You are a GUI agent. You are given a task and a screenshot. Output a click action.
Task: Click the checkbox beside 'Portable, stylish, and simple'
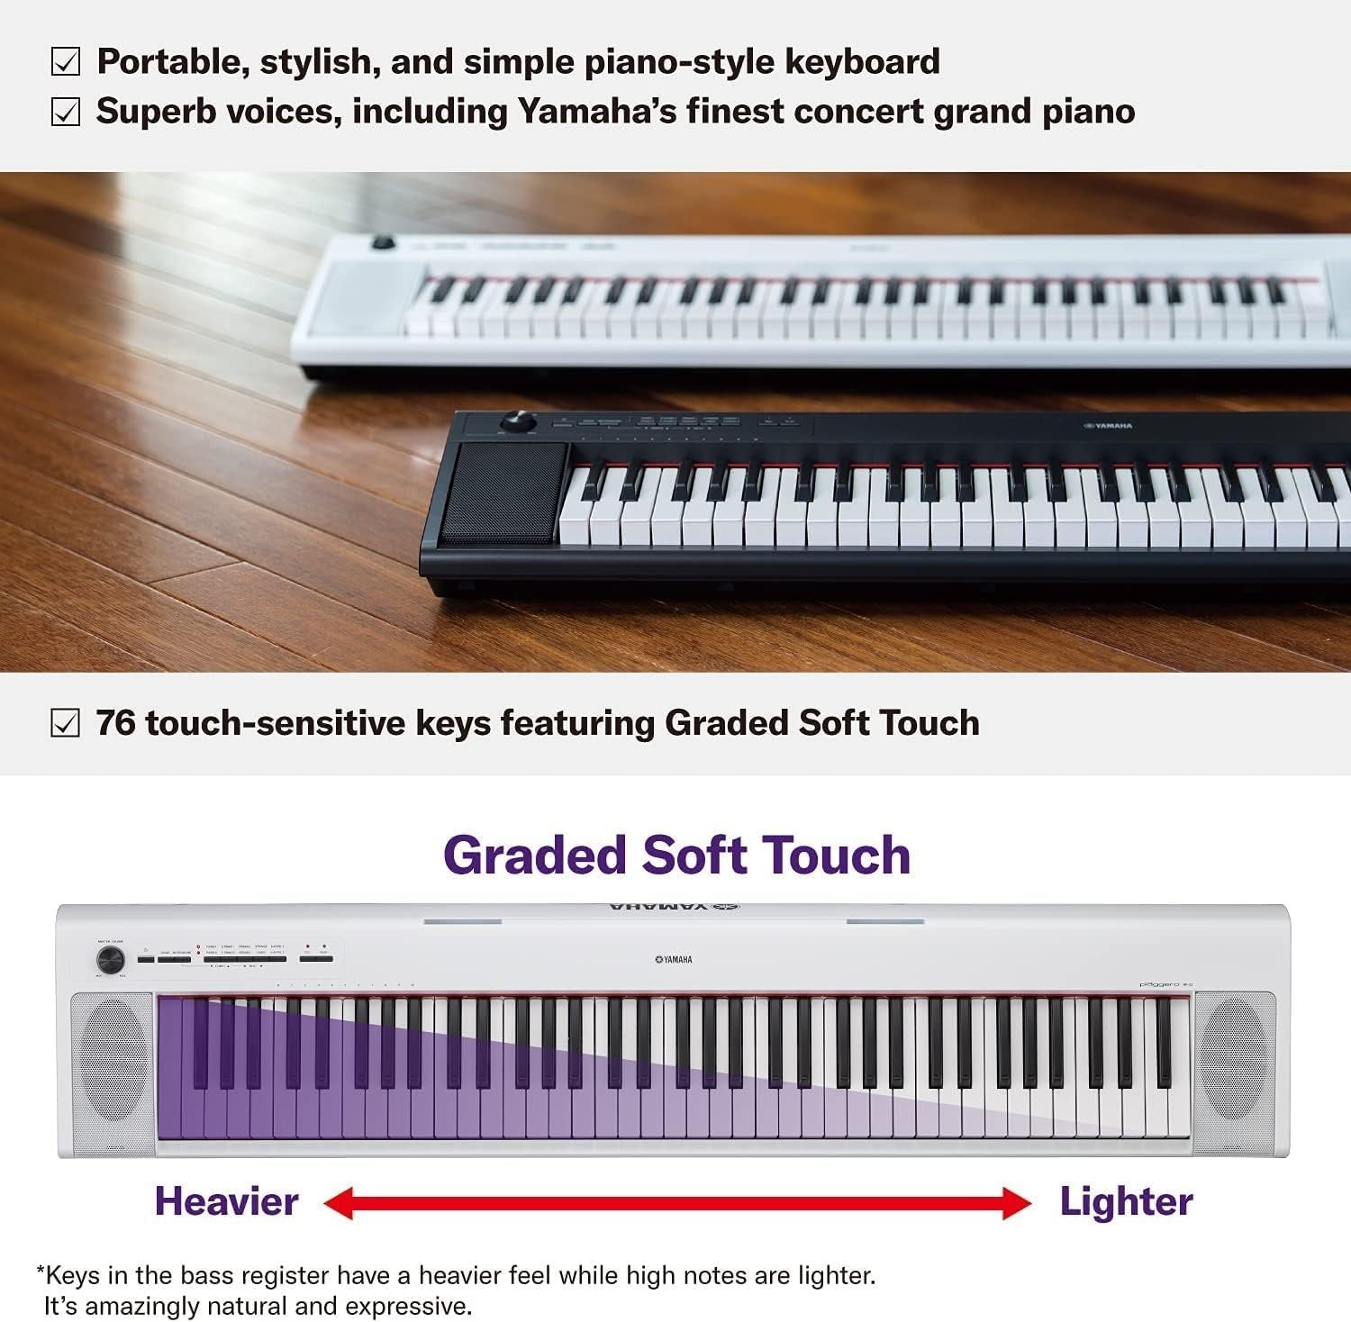tap(65, 62)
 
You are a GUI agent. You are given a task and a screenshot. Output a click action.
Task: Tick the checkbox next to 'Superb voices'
tap(65, 113)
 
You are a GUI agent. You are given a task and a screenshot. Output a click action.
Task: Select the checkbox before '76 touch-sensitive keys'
tap(65, 723)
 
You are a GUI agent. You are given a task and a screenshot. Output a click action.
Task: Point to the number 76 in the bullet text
tap(115, 723)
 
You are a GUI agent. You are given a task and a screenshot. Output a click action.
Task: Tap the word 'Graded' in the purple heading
tap(534, 856)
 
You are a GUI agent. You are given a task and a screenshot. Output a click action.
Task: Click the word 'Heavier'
tap(226, 1202)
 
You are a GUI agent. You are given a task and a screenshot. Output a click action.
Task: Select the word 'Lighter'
tap(1126, 1202)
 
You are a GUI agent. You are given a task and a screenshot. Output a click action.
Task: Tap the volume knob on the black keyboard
tap(518, 421)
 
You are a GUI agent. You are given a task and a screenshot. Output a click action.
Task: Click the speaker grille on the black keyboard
tap(504, 493)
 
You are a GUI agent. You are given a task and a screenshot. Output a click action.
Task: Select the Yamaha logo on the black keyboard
tap(1108, 425)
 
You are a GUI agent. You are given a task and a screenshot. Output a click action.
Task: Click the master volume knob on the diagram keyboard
tap(110, 960)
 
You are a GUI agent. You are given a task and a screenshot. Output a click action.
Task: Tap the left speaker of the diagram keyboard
tap(112, 1073)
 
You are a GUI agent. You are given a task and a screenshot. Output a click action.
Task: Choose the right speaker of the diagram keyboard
tap(1234, 1073)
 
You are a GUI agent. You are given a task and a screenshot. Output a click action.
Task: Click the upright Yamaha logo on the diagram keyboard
tap(674, 960)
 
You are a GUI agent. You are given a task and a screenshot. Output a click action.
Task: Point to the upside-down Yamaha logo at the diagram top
tap(674, 906)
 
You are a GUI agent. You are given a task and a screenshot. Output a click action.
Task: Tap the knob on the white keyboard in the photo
tap(384, 243)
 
